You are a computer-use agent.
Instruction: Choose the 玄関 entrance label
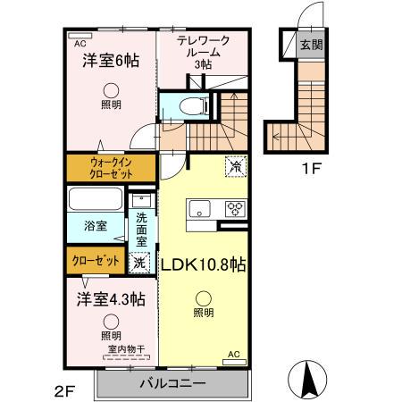(311, 45)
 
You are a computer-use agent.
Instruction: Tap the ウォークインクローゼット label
(112, 168)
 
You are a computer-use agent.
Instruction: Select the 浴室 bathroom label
(96, 227)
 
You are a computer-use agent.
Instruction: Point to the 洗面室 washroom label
(142, 230)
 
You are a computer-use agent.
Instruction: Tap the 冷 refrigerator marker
(235, 166)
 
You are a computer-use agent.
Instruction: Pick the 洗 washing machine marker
(138, 263)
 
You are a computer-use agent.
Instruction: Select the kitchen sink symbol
(198, 209)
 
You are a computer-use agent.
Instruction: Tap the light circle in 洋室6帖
(110, 88)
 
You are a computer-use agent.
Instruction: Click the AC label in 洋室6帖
(80, 42)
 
